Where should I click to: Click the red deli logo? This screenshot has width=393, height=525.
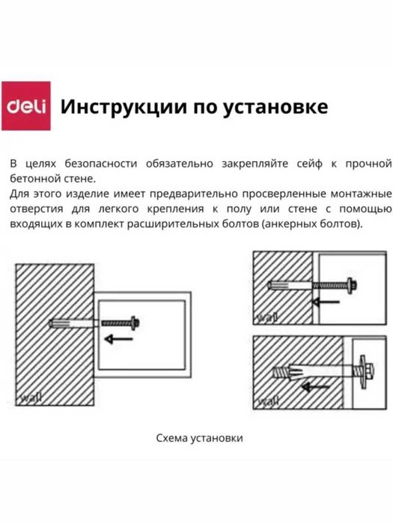27,106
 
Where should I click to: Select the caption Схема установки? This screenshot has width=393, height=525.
200,438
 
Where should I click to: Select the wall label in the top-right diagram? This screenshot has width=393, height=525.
266,318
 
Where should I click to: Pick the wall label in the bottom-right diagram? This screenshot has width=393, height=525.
266,403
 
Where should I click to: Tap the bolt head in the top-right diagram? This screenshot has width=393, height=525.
352,286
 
